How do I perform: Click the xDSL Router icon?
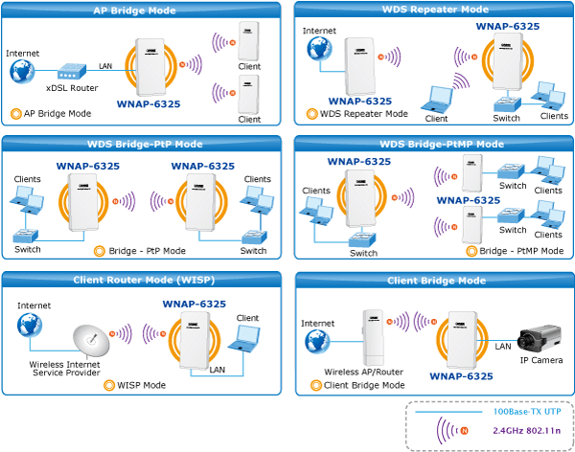click(72, 72)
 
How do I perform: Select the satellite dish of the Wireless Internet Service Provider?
click(91, 341)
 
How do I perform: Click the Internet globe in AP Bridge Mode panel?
click(22, 71)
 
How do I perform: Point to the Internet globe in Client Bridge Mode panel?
click(317, 341)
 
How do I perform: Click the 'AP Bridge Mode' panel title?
click(134, 11)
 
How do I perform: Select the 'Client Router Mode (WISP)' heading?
click(144, 280)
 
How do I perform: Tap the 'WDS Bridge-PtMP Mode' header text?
click(442, 144)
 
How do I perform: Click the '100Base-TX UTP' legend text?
click(527, 412)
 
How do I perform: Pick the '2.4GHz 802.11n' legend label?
click(526, 430)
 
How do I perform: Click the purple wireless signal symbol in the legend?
click(452, 430)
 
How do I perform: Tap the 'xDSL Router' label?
click(72, 88)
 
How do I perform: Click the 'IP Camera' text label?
click(541, 360)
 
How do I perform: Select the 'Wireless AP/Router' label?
click(363, 373)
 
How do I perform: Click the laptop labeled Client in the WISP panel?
click(243, 338)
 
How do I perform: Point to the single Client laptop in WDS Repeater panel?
click(436, 100)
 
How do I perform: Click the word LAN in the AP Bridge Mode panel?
click(105, 66)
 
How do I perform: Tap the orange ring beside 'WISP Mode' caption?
click(109, 385)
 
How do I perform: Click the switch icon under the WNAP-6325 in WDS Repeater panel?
click(507, 104)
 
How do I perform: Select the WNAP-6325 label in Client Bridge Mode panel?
click(461, 376)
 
